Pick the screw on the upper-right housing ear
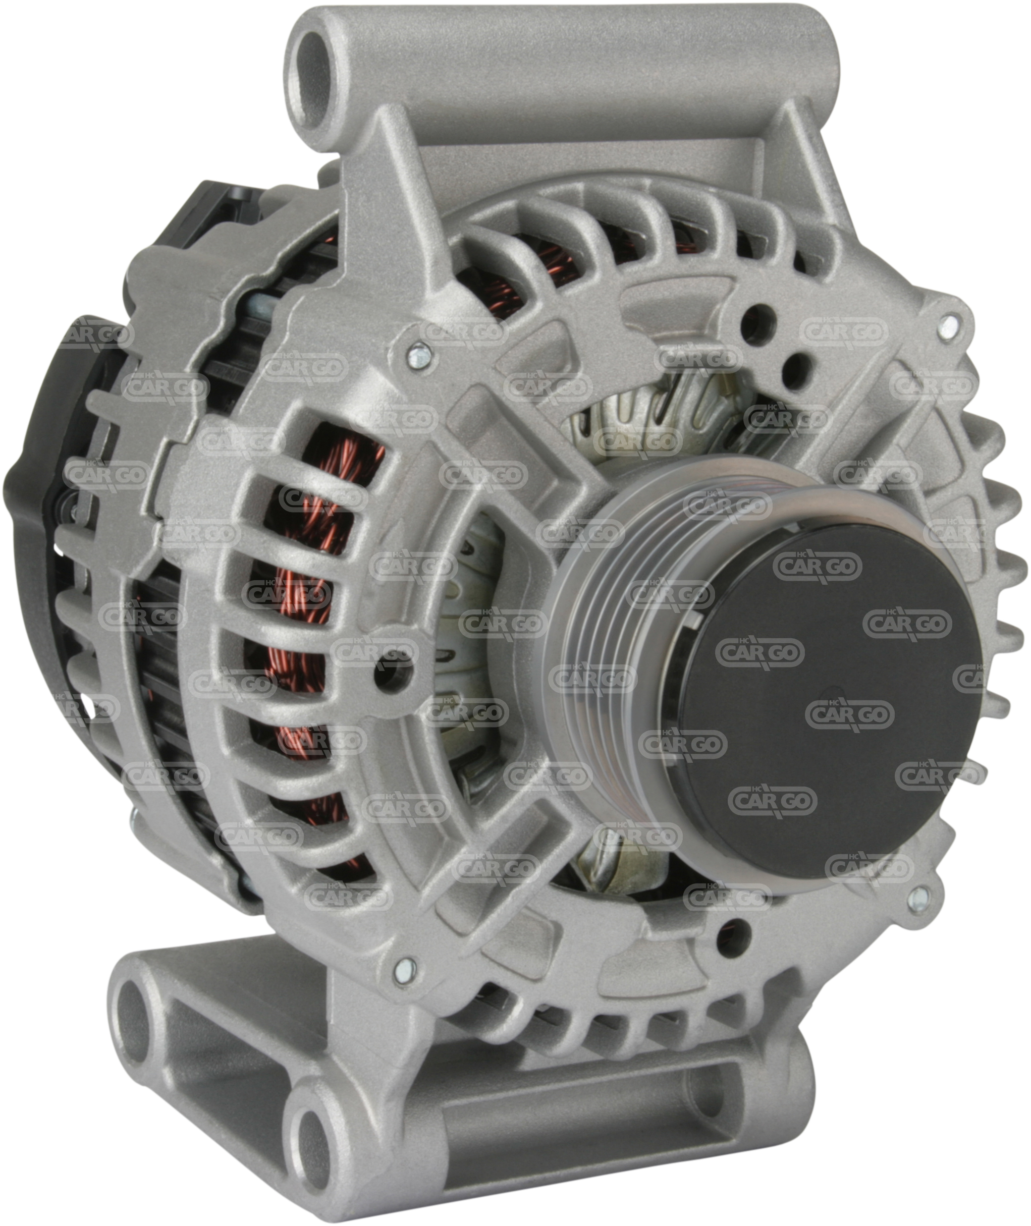949,324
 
